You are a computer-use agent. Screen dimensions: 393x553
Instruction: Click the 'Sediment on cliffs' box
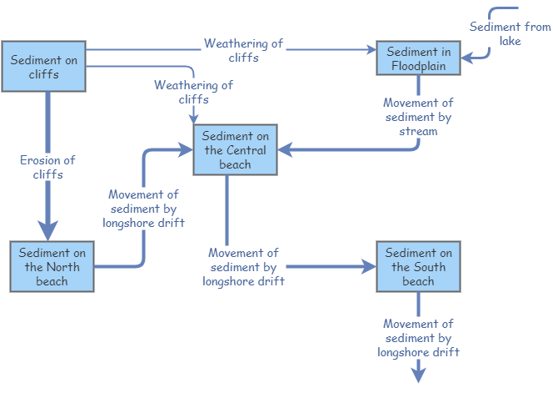[x=44, y=66]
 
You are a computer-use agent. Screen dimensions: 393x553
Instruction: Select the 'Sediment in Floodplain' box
[x=418, y=58]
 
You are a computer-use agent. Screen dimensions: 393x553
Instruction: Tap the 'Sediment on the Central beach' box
[x=235, y=150]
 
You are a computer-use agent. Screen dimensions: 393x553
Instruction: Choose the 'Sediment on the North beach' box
[x=52, y=267]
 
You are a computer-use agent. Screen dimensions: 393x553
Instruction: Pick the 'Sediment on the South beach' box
[x=418, y=267]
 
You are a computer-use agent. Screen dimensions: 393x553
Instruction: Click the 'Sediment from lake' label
[x=510, y=33]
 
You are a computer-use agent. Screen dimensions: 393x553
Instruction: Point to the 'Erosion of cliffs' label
[x=47, y=167]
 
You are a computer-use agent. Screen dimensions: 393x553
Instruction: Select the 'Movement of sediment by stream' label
[x=418, y=117]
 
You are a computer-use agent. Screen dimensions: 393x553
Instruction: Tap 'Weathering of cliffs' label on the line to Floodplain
[x=243, y=50]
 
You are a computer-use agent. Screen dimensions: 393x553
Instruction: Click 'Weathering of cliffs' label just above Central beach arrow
[x=193, y=92]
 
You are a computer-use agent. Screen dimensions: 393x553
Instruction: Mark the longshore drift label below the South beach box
[x=418, y=338]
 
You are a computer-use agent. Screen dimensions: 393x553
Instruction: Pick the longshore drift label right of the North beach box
[x=143, y=209]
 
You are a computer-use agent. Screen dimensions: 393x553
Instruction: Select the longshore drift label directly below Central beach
[x=243, y=267]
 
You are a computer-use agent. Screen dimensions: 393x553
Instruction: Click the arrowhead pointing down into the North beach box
[x=47, y=231]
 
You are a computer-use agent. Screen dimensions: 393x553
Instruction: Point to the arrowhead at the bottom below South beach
[x=418, y=375]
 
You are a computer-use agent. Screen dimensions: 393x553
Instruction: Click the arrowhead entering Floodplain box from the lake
[x=466, y=58]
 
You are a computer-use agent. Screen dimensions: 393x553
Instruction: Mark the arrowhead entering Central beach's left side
[x=187, y=150]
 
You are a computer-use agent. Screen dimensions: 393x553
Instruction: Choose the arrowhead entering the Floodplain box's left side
[x=371, y=50]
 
